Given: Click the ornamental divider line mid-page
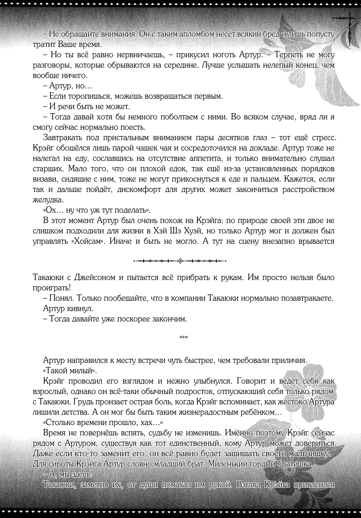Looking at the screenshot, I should pyautogui.click(x=180, y=261).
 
